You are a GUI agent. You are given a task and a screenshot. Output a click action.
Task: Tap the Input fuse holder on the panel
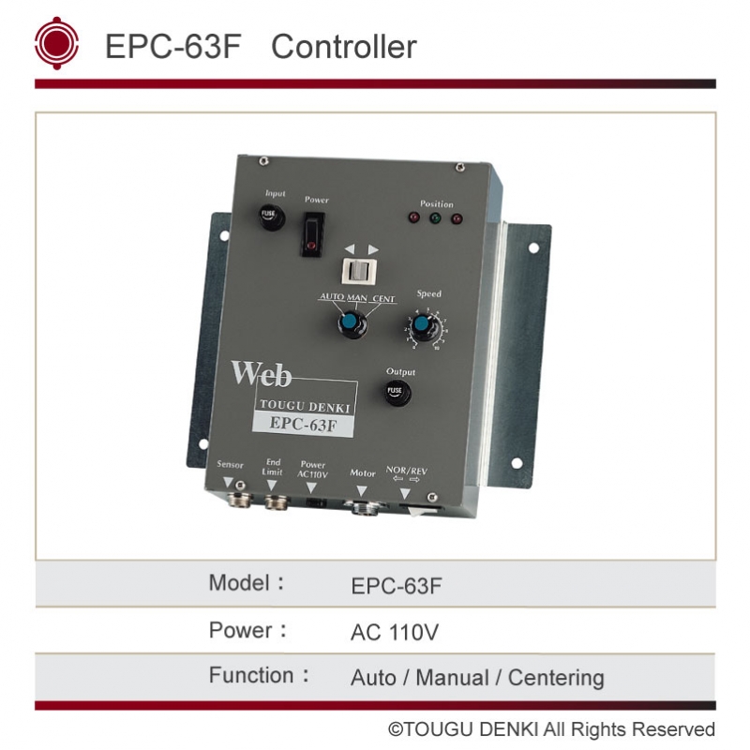coord(270,217)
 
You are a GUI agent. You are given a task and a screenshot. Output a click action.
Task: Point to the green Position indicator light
coord(435,219)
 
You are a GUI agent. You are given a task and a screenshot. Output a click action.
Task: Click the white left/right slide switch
coord(358,271)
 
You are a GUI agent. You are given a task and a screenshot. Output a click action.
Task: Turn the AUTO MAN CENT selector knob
coord(351,324)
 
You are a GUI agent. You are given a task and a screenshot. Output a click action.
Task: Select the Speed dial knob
coord(423,327)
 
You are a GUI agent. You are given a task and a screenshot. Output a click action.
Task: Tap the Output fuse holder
coord(397,391)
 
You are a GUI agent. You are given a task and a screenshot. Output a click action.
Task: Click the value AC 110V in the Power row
coord(394,633)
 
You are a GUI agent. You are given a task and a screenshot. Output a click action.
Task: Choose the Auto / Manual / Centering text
coord(477,678)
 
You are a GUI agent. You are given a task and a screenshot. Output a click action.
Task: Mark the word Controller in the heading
coord(344,46)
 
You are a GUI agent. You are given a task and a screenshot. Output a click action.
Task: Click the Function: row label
coord(260,676)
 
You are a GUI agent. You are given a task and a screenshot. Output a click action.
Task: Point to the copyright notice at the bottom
coord(552,729)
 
